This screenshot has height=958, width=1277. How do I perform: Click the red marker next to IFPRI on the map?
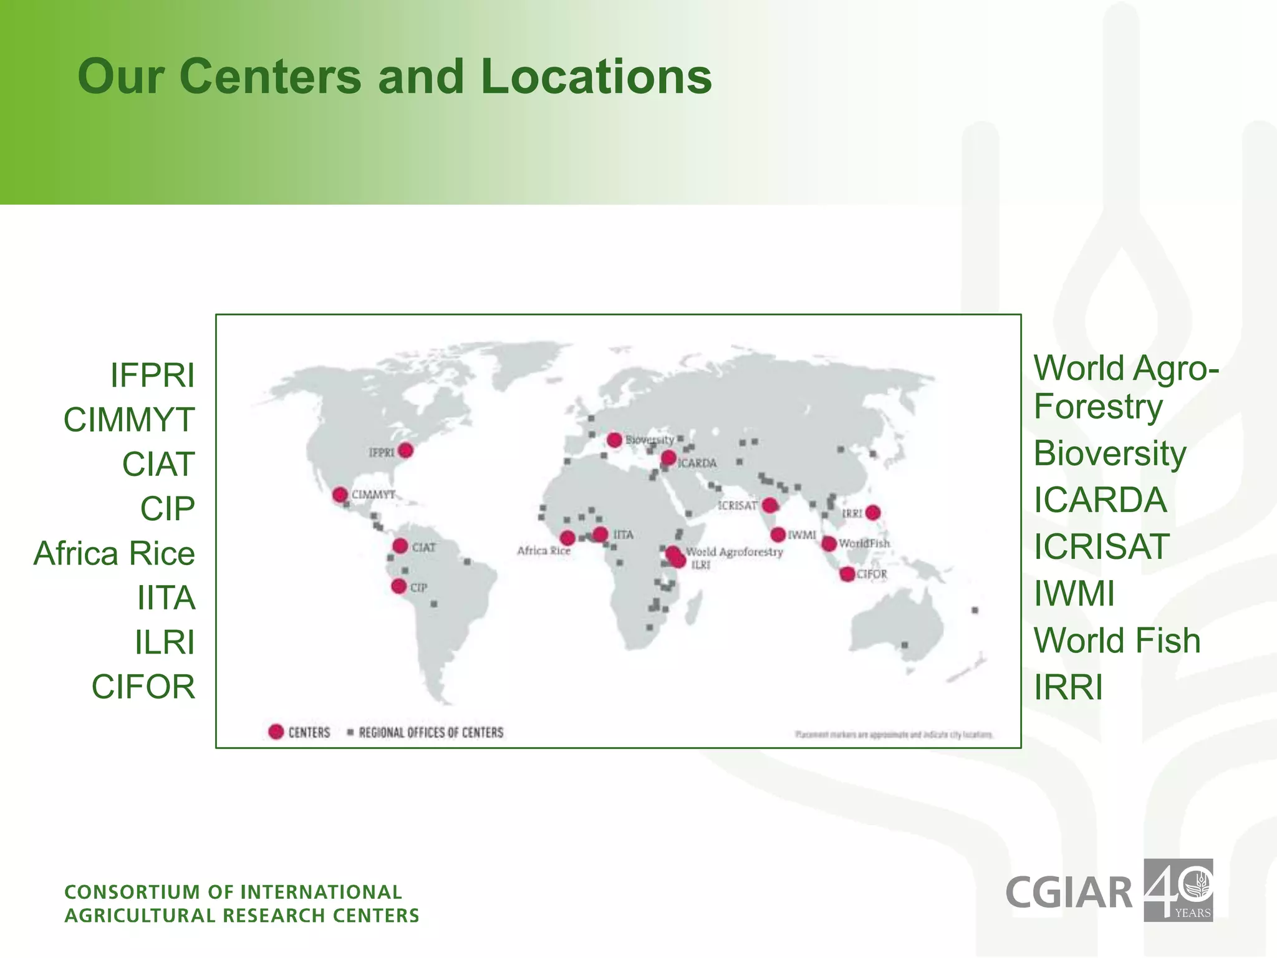pyautogui.click(x=406, y=450)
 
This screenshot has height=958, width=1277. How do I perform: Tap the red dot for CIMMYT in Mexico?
pyautogui.click(x=340, y=495)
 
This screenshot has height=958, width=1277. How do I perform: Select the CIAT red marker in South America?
pyautogui.click(x=400, y=546)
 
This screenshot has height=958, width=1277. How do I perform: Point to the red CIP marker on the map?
pyautogui.click(x=399, y=586)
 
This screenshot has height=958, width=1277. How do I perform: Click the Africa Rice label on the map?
pyautogui.click(x=543, y=551)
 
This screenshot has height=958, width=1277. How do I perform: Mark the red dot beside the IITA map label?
pyautogui.click(x=600, y=535)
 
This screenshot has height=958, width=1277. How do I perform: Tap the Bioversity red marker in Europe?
pyautogui.click(x=614, y=440)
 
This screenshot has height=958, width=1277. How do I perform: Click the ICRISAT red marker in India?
pyautogui.click(x=770, y=505)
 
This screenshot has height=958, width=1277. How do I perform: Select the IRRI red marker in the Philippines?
pyautogui.click(x=873, y=513)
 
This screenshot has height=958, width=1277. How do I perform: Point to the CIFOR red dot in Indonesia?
pyautogui.click(x=847, y=574)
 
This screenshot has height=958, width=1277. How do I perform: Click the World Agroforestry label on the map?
pyautogui.click(x=734, y=552)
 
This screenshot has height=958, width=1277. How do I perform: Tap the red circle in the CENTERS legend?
pyautogui.click(x=276, y=732)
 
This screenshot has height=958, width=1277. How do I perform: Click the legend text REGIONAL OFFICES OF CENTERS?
pyautogui.click(x=431, y=732)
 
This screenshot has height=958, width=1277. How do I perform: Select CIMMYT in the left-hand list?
pyautogui.click(x=129, y=420)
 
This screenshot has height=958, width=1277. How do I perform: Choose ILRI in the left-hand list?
pyautogui.click(x=165, y=642)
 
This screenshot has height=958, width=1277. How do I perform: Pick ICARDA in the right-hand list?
pyautogui.click(x=1100, y=500)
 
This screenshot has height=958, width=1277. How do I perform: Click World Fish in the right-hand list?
pyautogui.click(x=1117, y=641)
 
